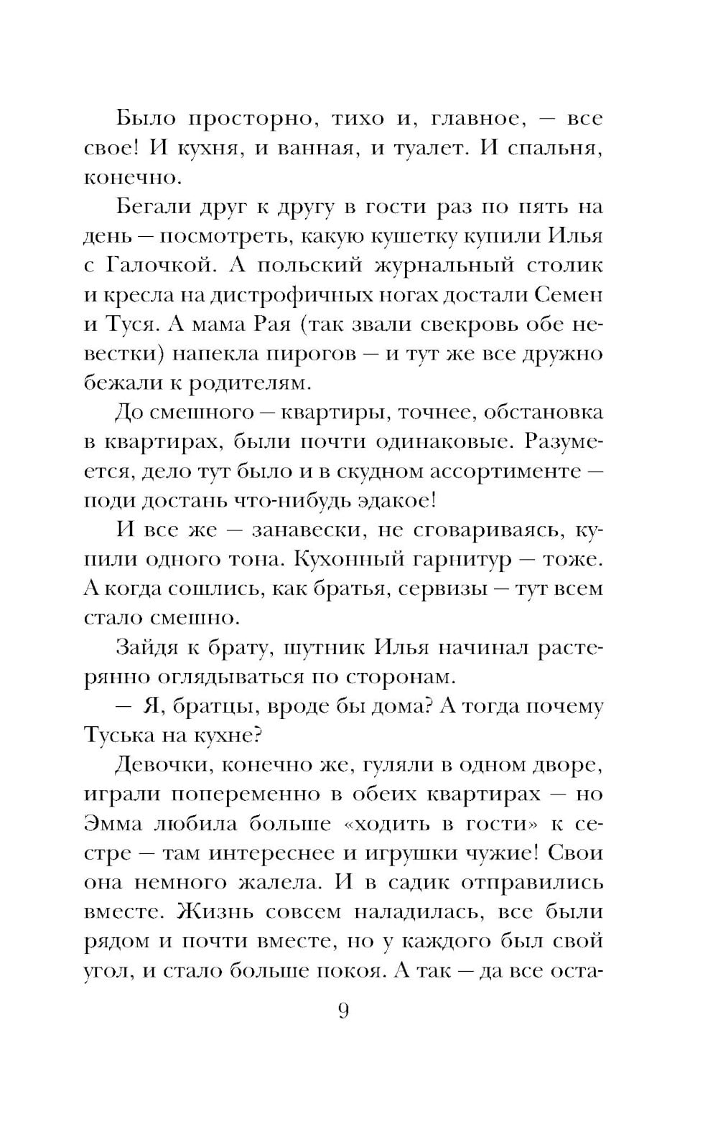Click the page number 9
click(342, 1011)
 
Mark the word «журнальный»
click(444, 266)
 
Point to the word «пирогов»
click(322, 354)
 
